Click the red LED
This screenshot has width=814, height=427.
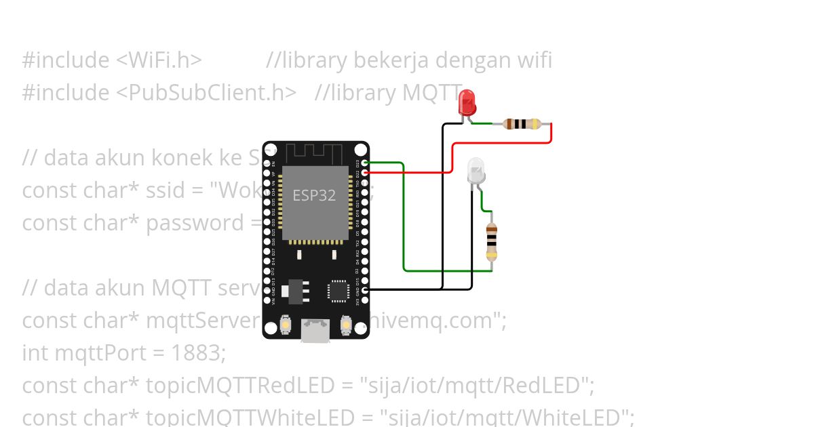point(467,102)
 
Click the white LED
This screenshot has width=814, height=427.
point(477,170)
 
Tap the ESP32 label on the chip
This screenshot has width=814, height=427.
point(314,196)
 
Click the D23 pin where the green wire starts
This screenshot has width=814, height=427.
point(366,163)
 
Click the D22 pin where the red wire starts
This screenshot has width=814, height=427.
point(366,172)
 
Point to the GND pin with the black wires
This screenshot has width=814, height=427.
point(366,290)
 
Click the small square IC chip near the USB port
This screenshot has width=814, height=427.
point(337,290)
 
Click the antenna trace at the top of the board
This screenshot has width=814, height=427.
point(315,152)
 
